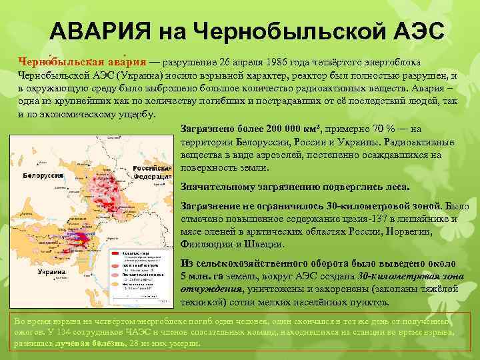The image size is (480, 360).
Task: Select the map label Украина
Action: tap(51, 272)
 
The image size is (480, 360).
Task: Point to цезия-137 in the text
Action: tap(371, 219)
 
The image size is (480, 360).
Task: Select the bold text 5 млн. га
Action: tap(203, 276)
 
